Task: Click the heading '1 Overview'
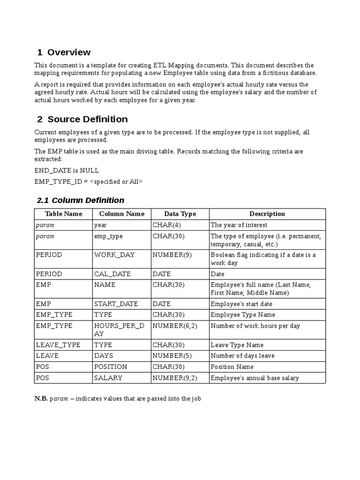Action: [x=64, y=52]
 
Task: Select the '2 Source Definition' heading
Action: [x=82, y=119]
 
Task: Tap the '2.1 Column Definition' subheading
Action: [x=81, y=200]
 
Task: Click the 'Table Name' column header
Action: [x=63, y=214]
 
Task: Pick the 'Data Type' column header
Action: [x=180, y=214]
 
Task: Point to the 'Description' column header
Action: [x=267, y=214]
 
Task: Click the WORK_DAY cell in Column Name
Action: [x=114, y=255]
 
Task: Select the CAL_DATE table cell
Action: [x=112, y=274]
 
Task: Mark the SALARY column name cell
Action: [x=108, y=378]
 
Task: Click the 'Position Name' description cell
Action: [x=232, y=367]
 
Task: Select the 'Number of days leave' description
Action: [x=242, y=356]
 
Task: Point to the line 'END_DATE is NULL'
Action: [x=67, y=171]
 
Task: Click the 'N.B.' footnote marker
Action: [x=41, y=399]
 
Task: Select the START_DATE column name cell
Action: [x=116, y=304]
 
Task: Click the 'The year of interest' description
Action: [x=239, y=225]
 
